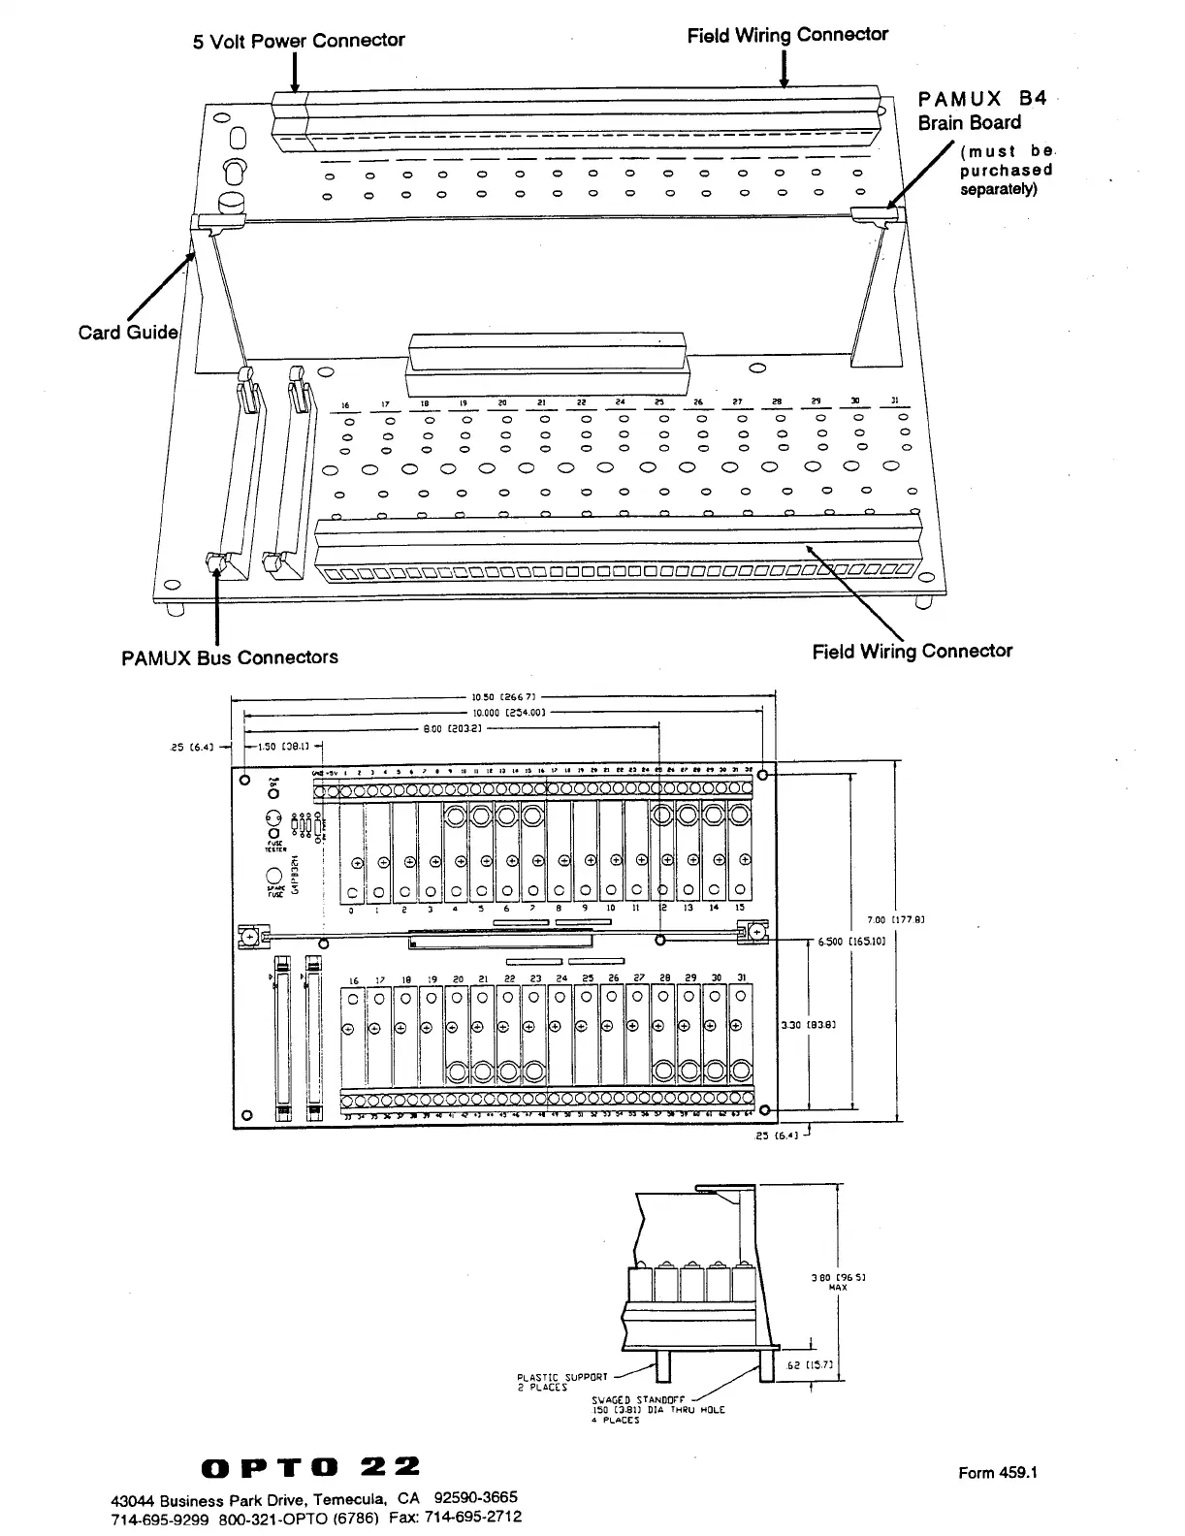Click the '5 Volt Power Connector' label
pos(299,41)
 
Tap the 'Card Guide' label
pos(128,333)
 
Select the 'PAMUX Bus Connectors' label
pos(230,657)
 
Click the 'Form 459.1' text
pos(998,1473)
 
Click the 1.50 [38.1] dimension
pos(282,746)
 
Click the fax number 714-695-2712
pos(477,1517)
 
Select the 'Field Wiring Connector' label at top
pos(787,35)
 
